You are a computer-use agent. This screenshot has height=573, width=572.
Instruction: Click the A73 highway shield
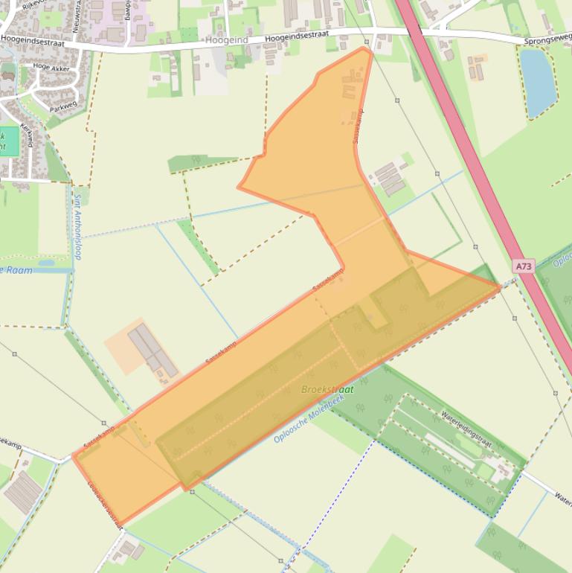tap(524, 265)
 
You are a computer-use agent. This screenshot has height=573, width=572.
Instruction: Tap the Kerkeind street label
tap(28, 135)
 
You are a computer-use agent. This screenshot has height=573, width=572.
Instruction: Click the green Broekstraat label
tap(327, 389)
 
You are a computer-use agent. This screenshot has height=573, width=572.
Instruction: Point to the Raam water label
tap(19, 270)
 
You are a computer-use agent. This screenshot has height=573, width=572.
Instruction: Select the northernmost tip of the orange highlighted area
tap(365, 48)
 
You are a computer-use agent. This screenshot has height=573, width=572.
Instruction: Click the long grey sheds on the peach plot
tap(152, 350)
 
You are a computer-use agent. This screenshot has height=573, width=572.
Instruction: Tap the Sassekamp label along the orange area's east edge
tap(358, 126)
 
